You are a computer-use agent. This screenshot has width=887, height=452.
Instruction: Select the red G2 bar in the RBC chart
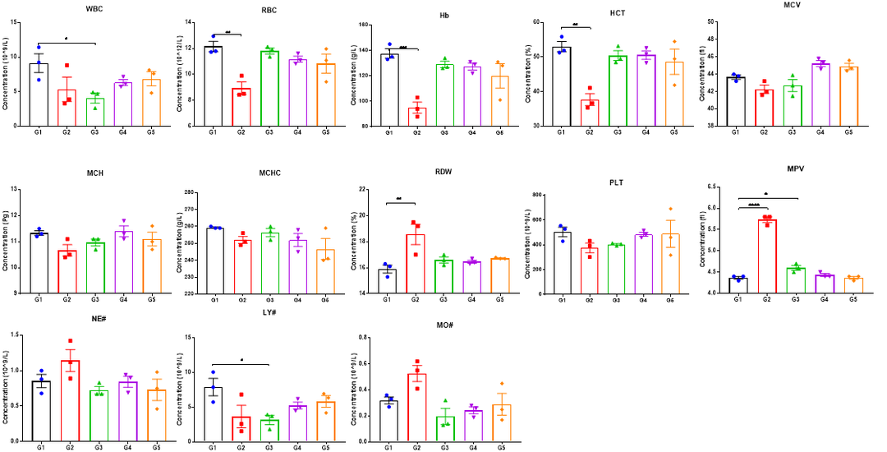pyautogui.click(x=240, y=106)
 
